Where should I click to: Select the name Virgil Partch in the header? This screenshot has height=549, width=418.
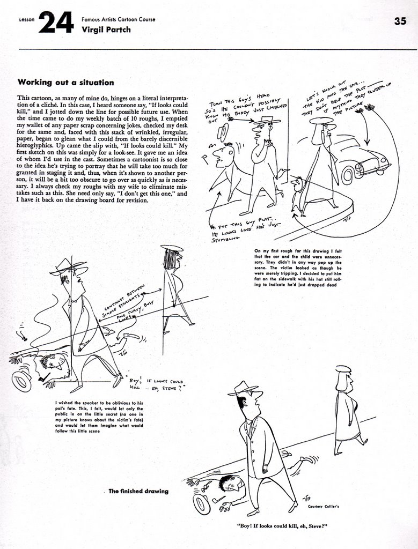click(x=106, y=29)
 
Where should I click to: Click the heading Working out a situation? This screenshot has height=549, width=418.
click(x=65, y=83)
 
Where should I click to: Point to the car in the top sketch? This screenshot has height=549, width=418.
click(x=362, y=159)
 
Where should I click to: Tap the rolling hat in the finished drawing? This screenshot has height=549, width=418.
click(x=202, y=504)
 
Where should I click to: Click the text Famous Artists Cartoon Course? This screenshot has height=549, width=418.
click(x=118, y=19)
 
